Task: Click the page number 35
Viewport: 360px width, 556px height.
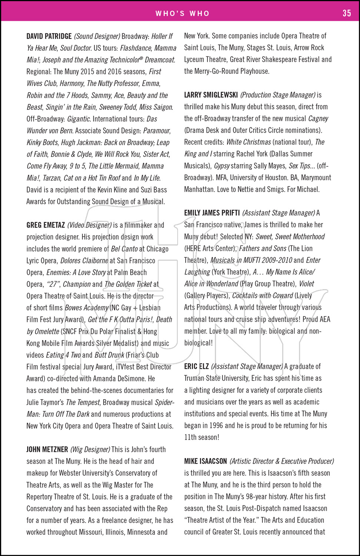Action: tap(346, 13)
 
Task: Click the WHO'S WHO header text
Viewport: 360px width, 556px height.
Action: tap(182, 14)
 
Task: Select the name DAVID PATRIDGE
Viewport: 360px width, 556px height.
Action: tap(49, 36)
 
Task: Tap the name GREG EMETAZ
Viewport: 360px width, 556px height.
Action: tap(46, 225)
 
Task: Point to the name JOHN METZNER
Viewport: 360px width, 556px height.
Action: tap(47, 450)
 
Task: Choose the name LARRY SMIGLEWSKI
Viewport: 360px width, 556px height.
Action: tap(211, 95)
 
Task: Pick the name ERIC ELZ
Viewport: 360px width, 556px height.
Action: tap(196, 367)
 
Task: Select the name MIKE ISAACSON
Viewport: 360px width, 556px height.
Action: tap(205, 461)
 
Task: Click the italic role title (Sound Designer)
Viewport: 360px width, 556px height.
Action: tap(97, 36)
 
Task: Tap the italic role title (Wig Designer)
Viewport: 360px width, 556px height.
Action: tap(90, 450)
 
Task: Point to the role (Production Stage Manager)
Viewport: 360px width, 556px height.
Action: tap(278, 95)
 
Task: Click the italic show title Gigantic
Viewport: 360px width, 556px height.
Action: tap(79, 119)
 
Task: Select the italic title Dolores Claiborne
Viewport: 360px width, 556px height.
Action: tap(84, 261)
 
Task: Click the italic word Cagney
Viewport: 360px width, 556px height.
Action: tap(318, 119)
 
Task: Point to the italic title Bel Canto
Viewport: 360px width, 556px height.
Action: tap(124, 249)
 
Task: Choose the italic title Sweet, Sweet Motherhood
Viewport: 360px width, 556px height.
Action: tap(290, 236)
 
